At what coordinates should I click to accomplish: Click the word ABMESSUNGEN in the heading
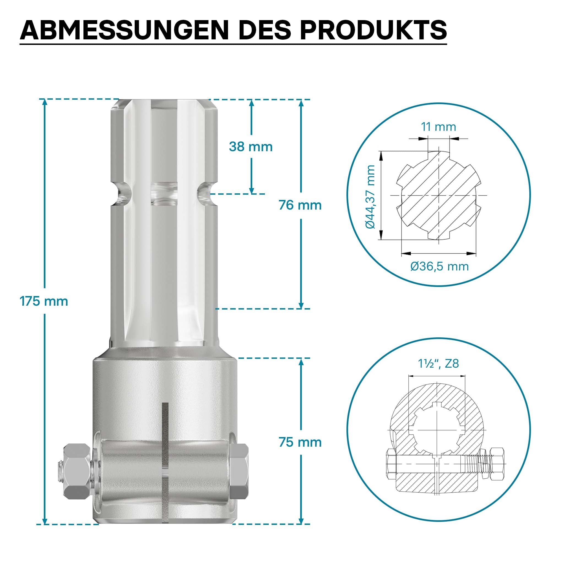click(x=124, y=30)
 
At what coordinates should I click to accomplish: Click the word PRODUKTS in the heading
click(x=373, y=30)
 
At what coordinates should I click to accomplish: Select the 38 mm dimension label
click(x=251, y=147)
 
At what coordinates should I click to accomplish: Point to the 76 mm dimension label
click(x=300, y=205)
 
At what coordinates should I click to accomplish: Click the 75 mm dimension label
click(x=300, y=442)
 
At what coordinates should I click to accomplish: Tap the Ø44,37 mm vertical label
click(x=370, y=197)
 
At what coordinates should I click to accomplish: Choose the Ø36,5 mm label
click(x=439, y=266)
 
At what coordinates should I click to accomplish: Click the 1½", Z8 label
click(x=438, y=364)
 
